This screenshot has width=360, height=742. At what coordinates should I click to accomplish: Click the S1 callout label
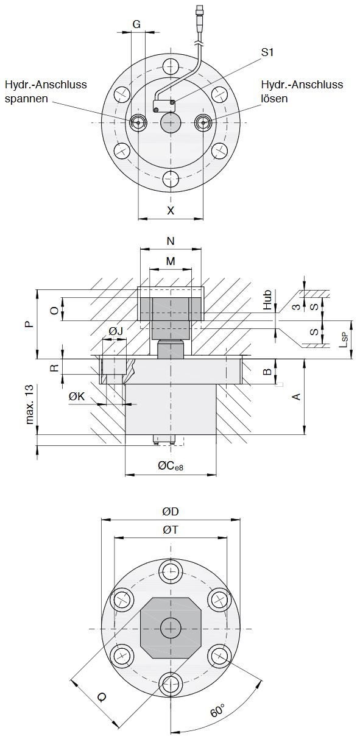pos(267,52)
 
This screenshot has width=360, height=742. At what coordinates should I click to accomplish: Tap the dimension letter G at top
pos(136,24)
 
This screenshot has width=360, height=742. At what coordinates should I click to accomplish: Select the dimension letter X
pos(171,210)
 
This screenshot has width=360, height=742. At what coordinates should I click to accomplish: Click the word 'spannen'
pos(26,99)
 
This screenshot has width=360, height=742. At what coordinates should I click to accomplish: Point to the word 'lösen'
pos(274,98)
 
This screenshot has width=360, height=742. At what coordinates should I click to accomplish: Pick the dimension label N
pos(171,241)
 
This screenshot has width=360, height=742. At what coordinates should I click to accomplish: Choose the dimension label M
pos(171,261)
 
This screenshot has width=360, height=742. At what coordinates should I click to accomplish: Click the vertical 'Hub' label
pos(267,300)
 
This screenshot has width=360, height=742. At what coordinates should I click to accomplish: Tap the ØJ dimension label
pos(116,331)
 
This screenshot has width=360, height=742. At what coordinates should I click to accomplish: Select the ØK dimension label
pos(77,396)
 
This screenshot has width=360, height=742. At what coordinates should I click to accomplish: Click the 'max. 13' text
pos(30,404)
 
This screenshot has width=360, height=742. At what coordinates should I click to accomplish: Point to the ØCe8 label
pos(171,466)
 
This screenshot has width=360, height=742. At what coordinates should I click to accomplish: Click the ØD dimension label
pos(171,512)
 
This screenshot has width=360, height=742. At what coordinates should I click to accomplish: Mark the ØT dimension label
pos(171,530)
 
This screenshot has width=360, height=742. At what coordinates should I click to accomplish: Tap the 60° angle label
pos(217,711)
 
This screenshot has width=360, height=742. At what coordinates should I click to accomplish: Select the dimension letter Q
pos(102,697)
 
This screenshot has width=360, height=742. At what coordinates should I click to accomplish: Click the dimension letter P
pos(30,324)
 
